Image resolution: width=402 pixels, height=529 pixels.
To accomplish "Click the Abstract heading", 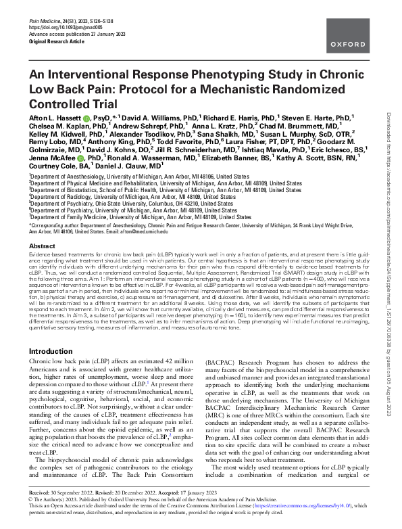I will coord(43,248).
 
